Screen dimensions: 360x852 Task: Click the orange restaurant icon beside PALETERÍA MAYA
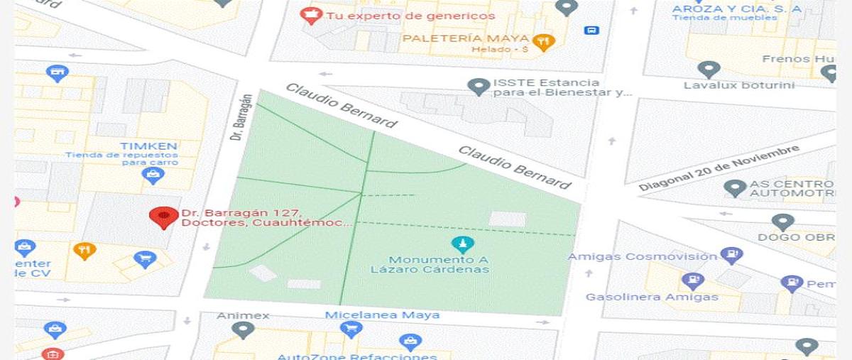tap(543, 42)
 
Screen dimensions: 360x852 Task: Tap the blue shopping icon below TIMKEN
tap(153, 175)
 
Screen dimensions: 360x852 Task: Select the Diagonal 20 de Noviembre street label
tap(719, 168)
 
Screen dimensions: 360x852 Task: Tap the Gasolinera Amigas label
tap(652, 297)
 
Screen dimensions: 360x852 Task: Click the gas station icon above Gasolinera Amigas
tap(692, 281)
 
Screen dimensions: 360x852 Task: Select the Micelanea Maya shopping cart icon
tap(351, 329)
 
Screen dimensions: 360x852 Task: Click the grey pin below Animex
tap(244, 330)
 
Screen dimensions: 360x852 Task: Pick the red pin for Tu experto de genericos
tap(310, 15)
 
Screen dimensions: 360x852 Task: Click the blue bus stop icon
tap(591, 30)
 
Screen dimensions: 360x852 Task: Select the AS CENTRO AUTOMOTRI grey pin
tap(735, 188)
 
